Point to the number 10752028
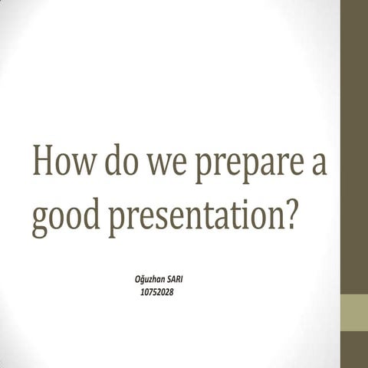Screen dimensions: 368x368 pos(157,291)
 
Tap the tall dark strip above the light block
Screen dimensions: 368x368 pos(354,146)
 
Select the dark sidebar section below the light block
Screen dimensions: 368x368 pos(354,350)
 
